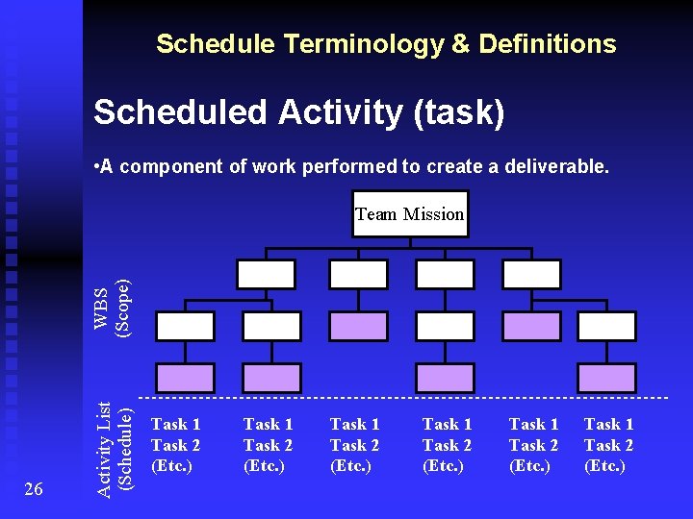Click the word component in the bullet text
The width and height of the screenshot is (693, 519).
click(168, 166)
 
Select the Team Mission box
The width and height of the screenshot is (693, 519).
click(409, 214)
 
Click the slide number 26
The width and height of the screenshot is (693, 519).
click(32, 490)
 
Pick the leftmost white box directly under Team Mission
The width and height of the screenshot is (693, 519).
click(267, 275)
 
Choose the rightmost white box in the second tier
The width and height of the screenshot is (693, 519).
click(531, 275)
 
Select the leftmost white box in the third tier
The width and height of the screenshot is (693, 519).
click(186, 326)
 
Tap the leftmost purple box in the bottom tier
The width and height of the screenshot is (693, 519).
click(186, 378)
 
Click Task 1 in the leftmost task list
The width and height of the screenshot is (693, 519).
click(175, 424)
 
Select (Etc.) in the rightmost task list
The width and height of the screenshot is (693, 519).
click(604, 466)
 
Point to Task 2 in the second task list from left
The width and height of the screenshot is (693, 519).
click(268, 445)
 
